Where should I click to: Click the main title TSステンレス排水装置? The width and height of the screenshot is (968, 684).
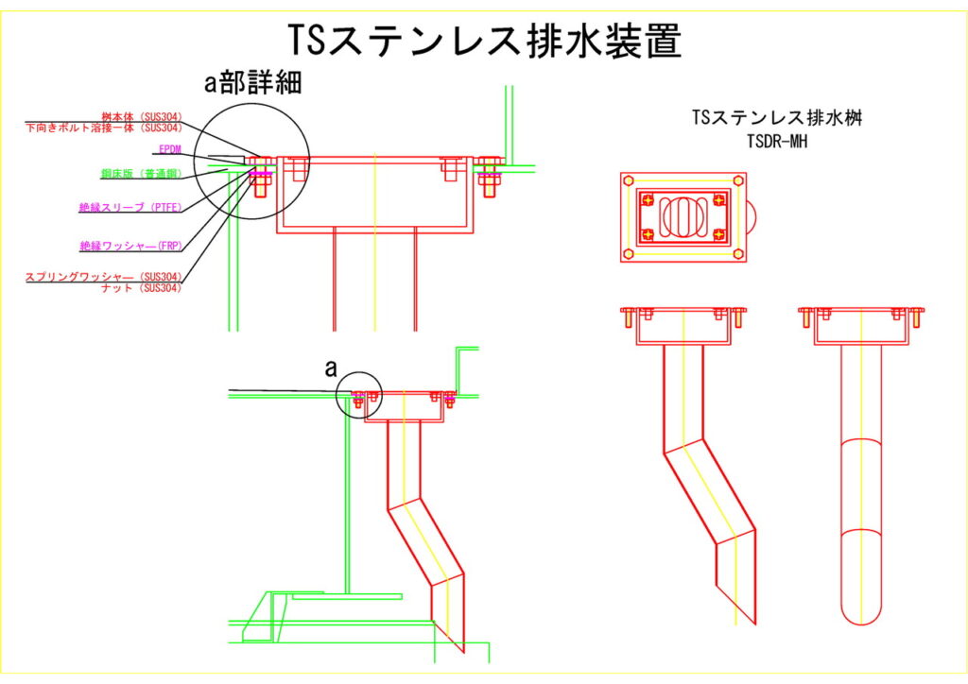coord(484,41)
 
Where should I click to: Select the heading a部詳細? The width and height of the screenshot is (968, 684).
coord(253,83)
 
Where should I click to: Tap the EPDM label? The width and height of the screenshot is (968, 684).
coord(170,149)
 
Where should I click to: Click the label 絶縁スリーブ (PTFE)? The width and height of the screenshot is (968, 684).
coord(131,207)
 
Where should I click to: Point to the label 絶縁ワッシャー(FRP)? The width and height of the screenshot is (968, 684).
coord(130,246)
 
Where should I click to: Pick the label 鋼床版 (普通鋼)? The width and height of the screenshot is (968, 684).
coord(141,174)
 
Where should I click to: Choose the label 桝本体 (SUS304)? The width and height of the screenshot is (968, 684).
coord(141,117)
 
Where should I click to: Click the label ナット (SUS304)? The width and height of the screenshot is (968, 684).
coord(141,287)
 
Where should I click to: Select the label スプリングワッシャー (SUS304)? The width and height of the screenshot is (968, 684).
coord(103,277)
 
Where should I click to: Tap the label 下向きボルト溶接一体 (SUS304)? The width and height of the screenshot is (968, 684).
coord(103,128)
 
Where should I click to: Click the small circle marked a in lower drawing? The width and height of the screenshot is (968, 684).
coord(359,398)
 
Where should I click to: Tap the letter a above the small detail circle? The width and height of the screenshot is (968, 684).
coord(331,369)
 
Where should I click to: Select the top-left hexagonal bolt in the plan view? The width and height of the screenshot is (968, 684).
coord(630,181)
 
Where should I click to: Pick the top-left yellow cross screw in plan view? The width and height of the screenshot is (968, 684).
coord(648,199)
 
